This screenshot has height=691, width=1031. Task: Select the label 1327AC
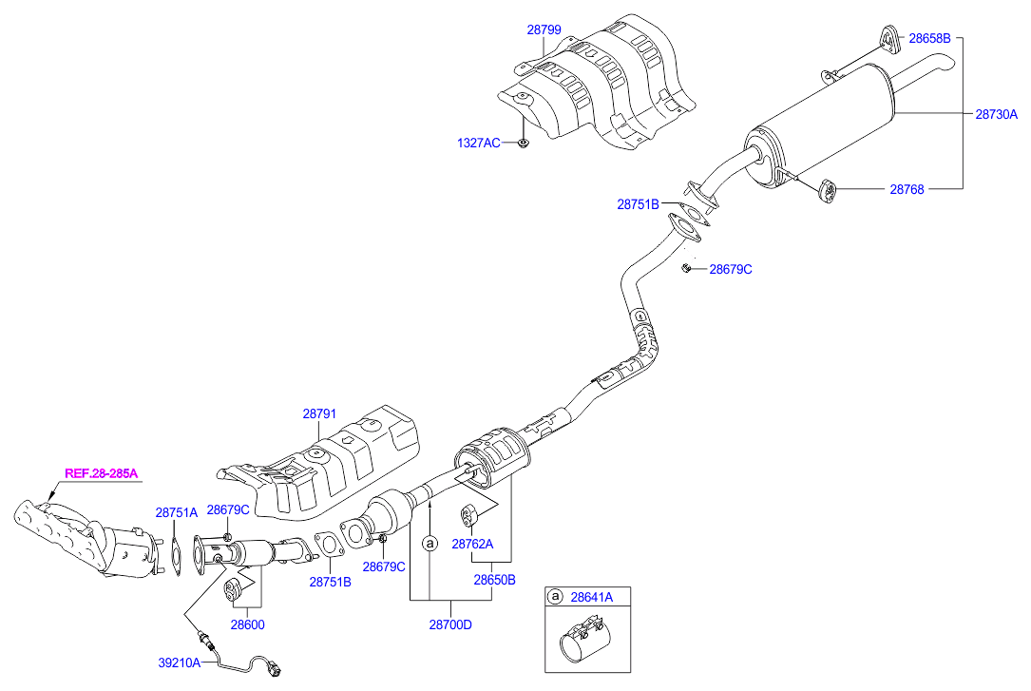(477, 144)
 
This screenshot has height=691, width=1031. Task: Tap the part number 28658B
(929, 39)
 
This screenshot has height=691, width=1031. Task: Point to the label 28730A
(996, 114)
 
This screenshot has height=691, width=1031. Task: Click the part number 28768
(907, 189)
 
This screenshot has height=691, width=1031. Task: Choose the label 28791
(320, 413)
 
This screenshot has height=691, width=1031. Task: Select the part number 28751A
(177, 512)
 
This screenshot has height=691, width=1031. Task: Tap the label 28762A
(472, 545)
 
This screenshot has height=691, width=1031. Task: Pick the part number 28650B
(494, 578)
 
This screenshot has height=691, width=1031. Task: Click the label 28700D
(450, 624)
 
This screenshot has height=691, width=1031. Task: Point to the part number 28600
(247, 624)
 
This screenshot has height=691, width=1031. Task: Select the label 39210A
(180, 662)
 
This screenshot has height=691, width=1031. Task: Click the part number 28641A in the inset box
(592, 597)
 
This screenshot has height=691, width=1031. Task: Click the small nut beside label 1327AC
(523, 144)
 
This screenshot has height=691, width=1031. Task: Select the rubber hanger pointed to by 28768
(827, 190)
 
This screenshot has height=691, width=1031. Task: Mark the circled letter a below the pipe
(430, 543)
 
